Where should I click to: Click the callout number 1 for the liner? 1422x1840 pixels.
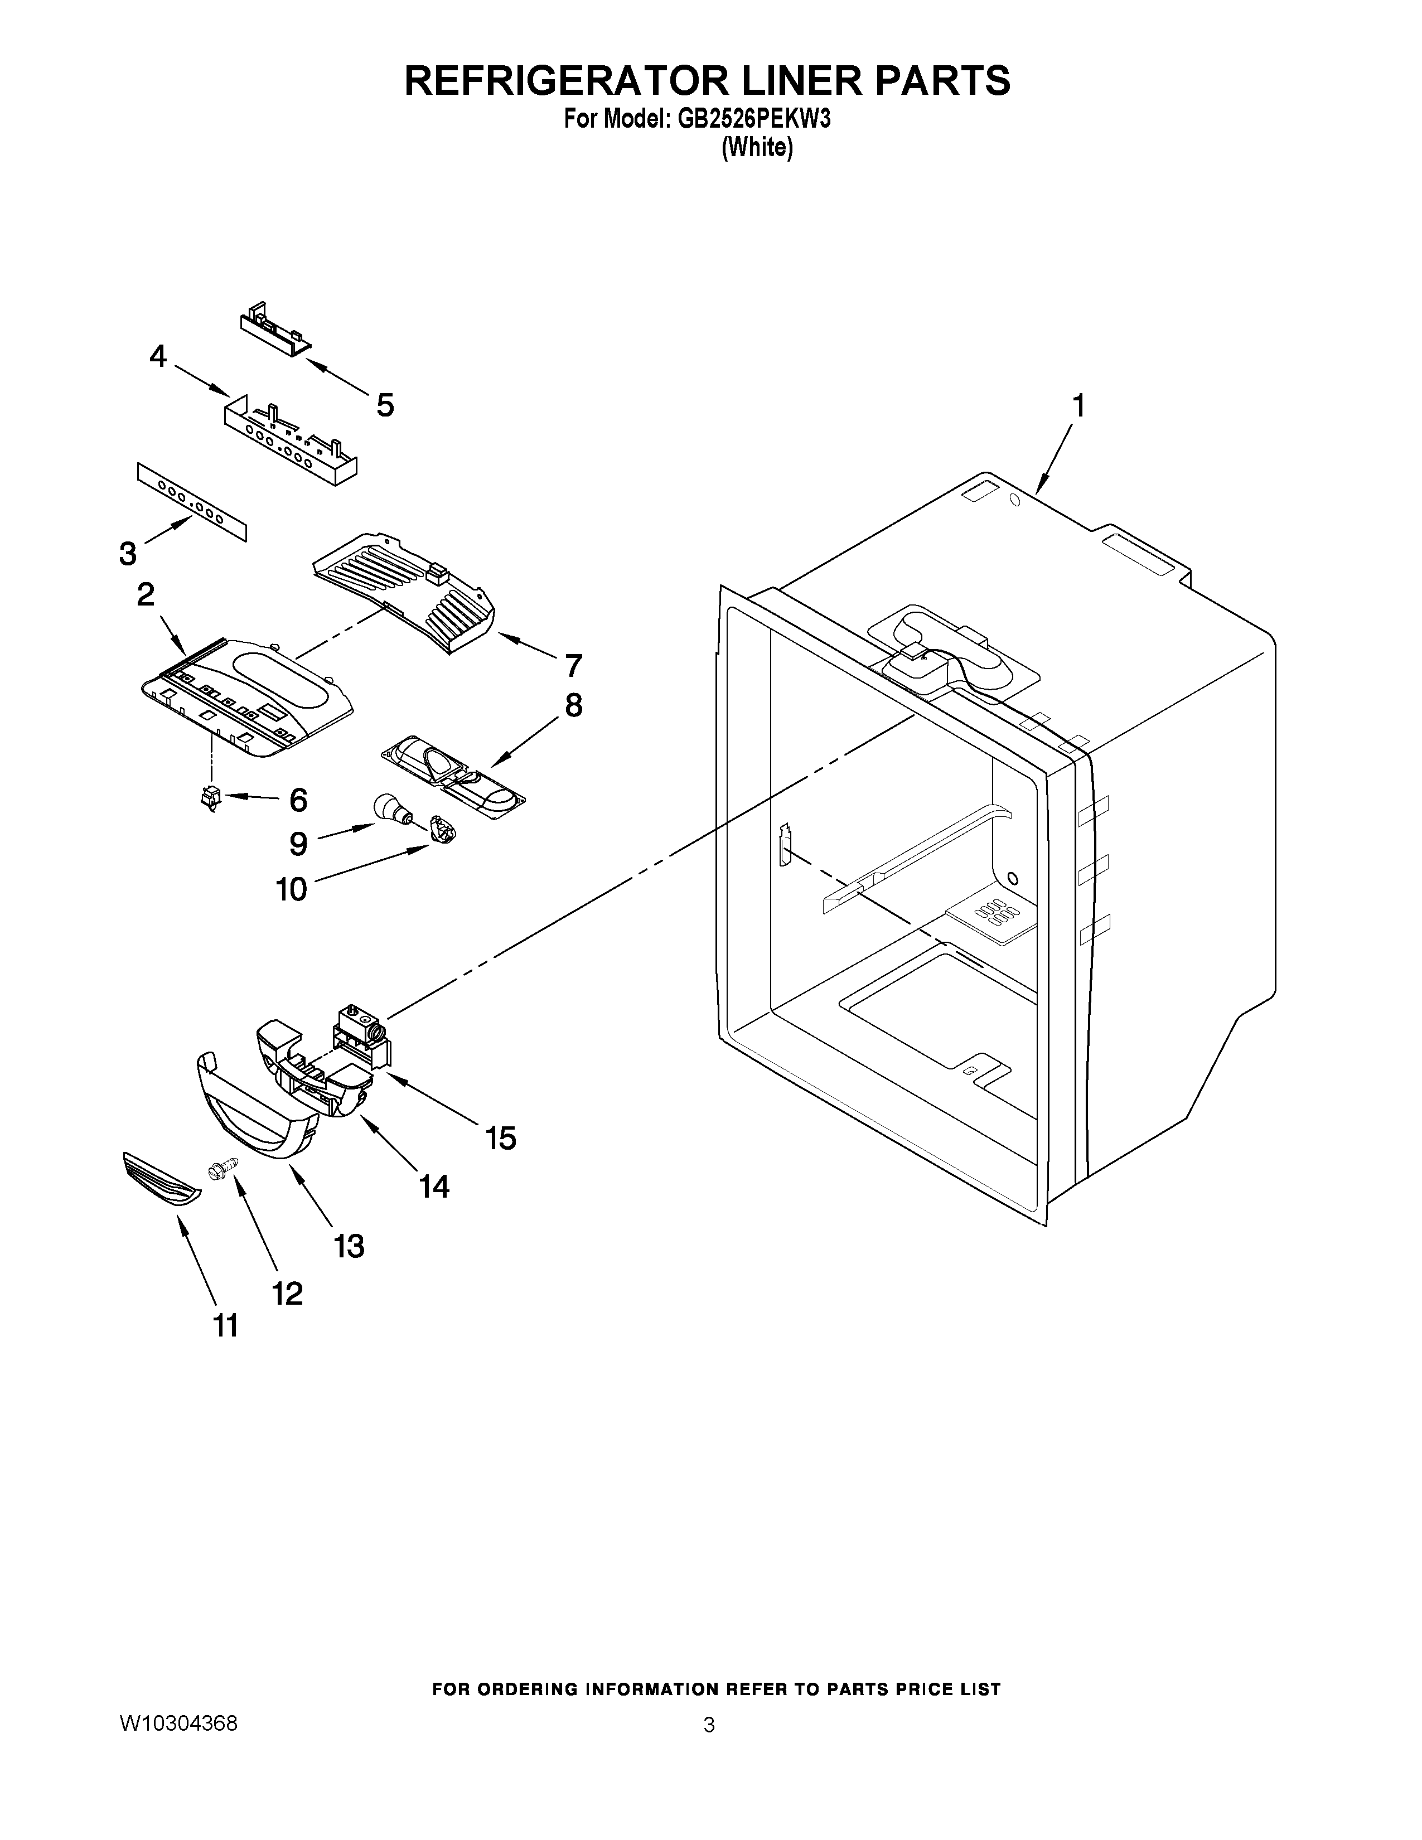1077,407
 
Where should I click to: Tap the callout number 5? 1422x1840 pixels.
385,405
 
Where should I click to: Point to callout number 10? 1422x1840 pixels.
292,889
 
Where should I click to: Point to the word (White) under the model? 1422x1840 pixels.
757,148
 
